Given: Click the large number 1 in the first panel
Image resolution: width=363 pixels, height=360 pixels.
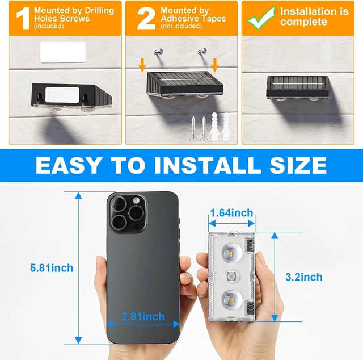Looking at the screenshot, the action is pyautogui.click(x=23, y=18).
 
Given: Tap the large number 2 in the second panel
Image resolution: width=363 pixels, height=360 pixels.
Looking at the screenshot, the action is pyautogui.click(x=146, y=18).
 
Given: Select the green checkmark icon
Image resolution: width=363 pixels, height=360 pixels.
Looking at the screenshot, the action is pyautogui.click(x=261, y=18).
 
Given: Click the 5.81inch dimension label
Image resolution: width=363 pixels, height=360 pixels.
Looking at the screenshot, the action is pyautogui.click(x=52, y=268).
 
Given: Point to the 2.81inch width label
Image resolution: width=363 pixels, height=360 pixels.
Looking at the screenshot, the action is pyautogui.click(x=143, y=316).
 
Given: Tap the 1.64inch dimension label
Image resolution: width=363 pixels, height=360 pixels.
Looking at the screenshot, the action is pyautogui.click(x=231, y=213).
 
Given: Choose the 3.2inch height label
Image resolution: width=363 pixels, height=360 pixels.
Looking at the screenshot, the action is pyautogui.click(x=304, y=277).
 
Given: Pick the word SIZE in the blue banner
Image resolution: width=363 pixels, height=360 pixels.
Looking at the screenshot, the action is pyautogui.click(x=298, y=165).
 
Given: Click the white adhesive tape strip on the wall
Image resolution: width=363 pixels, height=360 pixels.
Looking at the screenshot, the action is pyautogui.click(x=63, y=52).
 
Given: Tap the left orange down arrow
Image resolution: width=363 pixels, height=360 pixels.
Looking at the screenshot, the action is pyautogui.click(x=142, y=65).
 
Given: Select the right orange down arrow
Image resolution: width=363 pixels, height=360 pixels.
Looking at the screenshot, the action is pyautogui.click(x=215, y=65).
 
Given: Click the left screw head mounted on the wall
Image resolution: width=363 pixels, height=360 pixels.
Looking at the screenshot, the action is pyautogui.click(x=159, y=52).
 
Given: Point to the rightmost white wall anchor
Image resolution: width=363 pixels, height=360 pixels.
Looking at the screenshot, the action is pyautogui.click(x=226, y=127).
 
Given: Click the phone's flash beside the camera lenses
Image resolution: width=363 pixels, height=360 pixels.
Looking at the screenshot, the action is pyautogui.click(x=136, y=201).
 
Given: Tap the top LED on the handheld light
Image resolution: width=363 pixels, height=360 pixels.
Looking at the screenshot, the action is pyautogui.click(x=231, y=252).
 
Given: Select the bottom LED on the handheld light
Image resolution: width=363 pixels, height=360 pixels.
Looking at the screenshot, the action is pyautogui.click(x=231, y=299).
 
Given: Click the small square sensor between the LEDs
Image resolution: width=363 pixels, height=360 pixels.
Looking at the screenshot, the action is pyautogui.click(x=231, y=276).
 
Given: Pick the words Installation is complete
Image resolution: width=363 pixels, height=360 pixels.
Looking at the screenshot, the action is pyautogui.click(x=314, y=16).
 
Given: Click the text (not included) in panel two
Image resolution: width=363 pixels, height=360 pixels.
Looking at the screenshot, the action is pyautogui.click(x=181, y=26).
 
